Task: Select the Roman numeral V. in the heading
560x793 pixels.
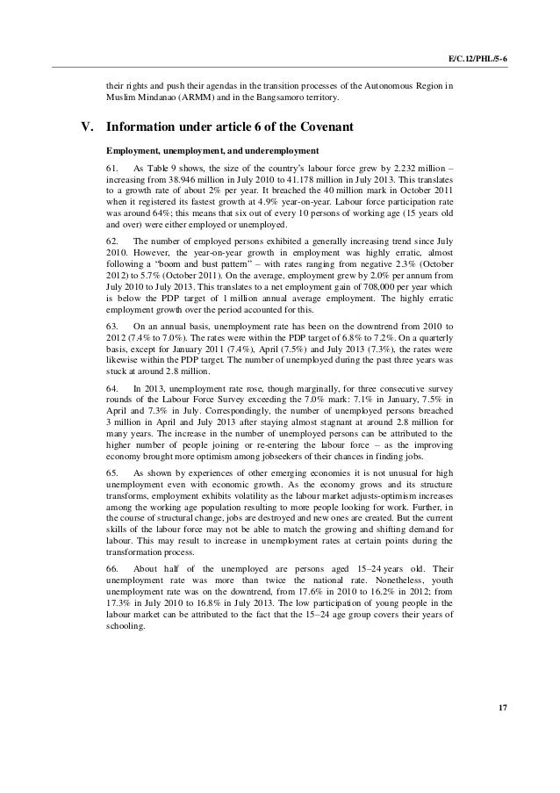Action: tap(87, 127)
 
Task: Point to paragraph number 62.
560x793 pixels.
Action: tap(112, 241)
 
